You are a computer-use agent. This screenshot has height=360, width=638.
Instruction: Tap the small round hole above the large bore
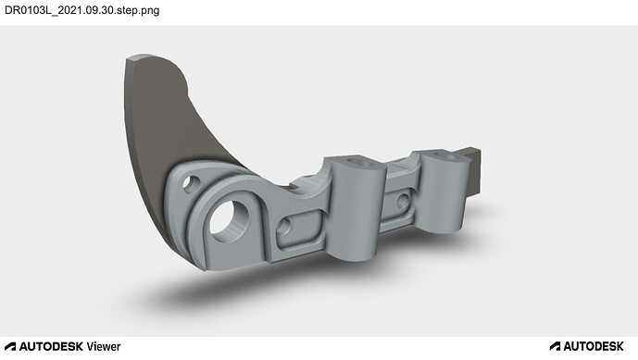[x=191, y=184]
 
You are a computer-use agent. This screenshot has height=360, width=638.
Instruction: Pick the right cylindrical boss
[x=444, y=191]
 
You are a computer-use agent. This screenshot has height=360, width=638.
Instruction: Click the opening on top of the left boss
[x=361, y=162]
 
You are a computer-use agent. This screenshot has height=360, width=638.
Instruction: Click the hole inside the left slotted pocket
[x=284, y=226]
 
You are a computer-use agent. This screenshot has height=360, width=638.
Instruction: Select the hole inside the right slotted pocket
[x=403, y=201]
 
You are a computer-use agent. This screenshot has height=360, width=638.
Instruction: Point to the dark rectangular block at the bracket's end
[x=473, y=171]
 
